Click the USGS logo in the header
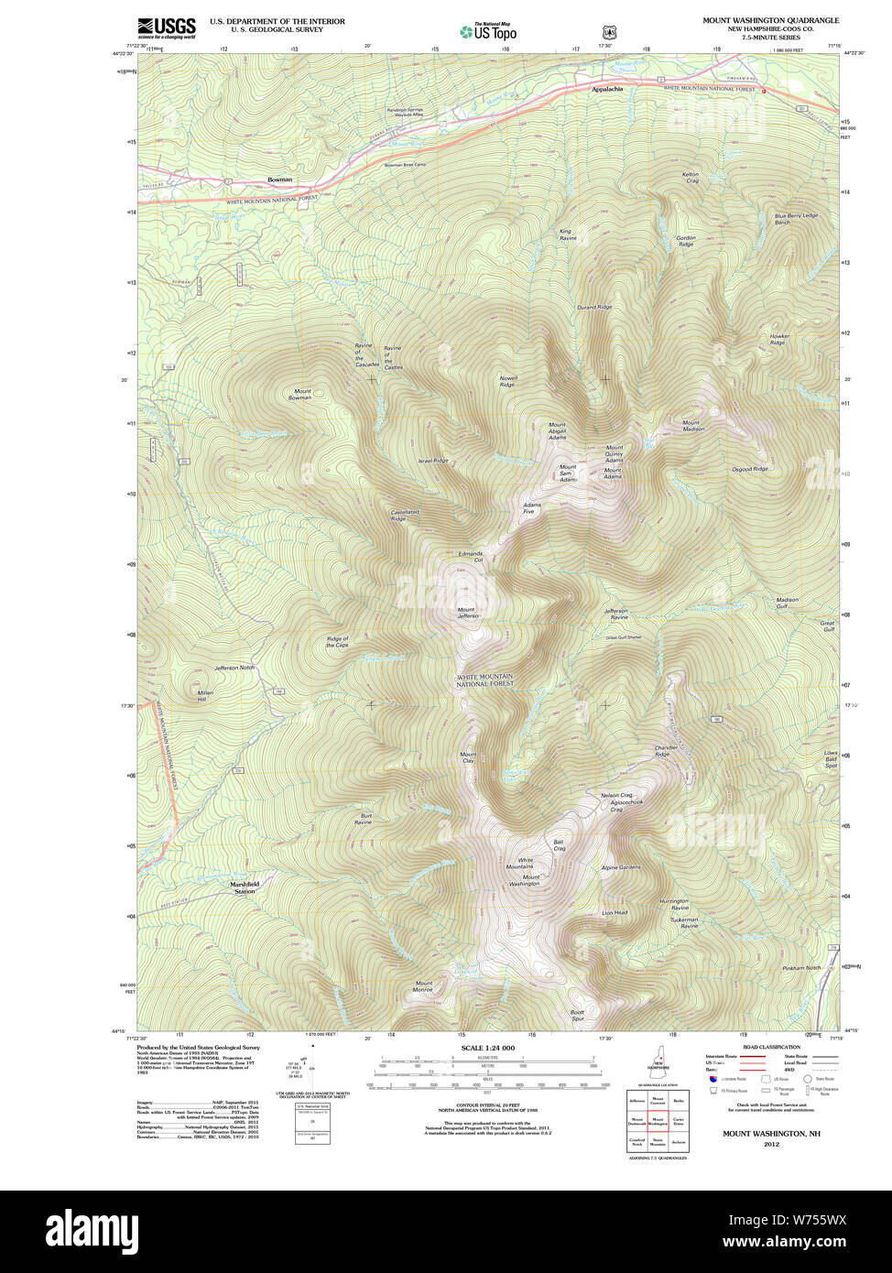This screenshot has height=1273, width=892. coord(166,27)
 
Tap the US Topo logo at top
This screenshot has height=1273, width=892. coord(488,31)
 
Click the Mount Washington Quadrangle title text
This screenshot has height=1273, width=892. coord(770,20)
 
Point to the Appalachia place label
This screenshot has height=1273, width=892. coord(606,89)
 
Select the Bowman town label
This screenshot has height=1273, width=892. coord(279,180)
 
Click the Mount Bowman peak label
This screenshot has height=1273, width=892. coord(299,395)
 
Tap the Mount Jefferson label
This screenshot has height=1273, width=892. coord(468,613)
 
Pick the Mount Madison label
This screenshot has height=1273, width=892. coord(692,426)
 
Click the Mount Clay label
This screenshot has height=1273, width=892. coord(467,758)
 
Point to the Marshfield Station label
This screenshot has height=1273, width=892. coord(245,887)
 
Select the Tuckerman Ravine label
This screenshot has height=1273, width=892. coord(683,922)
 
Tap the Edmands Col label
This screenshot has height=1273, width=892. coord(470,556)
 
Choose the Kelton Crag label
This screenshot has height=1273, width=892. coord(691,177)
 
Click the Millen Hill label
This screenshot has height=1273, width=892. coord(205,696)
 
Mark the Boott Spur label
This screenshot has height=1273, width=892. coord(577,1015)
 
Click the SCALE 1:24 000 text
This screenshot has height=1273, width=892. coord(487,1048)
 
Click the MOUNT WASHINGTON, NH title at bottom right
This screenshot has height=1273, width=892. coord(771,1134)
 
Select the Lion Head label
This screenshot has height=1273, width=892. coord(614,913)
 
